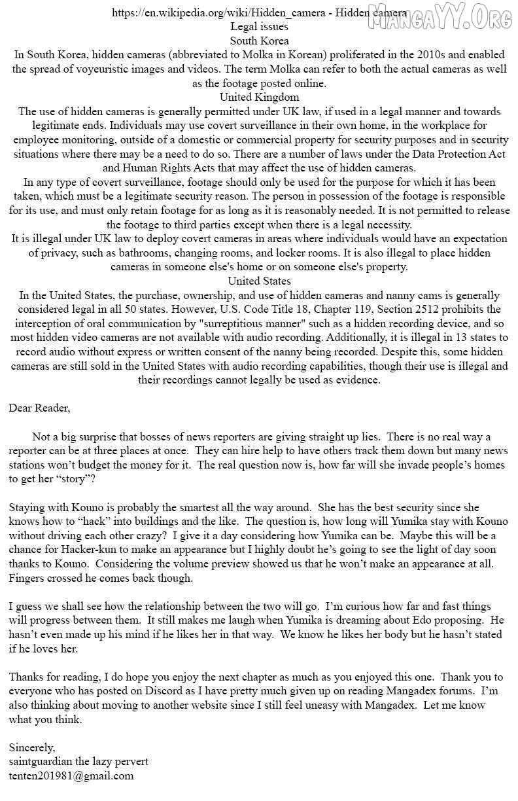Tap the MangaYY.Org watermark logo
439,18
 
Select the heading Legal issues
259,27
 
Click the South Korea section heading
259,41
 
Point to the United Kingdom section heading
259,97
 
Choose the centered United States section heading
259,281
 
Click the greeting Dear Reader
39,408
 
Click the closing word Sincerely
32,747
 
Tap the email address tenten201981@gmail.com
71,776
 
